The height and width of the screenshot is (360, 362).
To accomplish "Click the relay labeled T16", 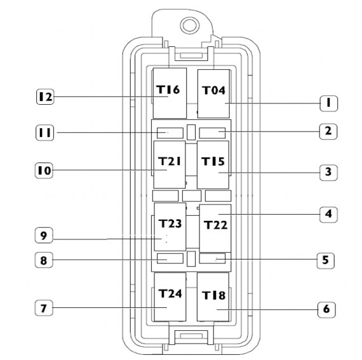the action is point(170,93).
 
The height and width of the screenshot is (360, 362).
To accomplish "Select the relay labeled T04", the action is point(213,94).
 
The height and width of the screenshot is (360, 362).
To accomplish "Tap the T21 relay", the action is point(170,164).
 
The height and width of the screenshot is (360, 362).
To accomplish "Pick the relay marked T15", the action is point(213,165).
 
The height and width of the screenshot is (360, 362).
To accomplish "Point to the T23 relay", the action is point(170,227).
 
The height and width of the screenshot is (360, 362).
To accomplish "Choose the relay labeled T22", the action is point(215,228).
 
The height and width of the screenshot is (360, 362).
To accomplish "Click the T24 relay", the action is point(170,297).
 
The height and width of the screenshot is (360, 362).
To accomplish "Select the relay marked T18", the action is point(213,297).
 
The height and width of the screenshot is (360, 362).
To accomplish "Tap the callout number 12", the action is point(45,97).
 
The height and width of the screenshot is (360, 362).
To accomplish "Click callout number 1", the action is point(329,103).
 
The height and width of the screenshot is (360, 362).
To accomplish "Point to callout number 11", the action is point(45,133).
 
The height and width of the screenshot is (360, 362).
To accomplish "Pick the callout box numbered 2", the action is point(328,131).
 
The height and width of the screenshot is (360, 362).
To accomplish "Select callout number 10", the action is point(44,171).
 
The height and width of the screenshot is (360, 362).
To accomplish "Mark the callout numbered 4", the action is point(328,215).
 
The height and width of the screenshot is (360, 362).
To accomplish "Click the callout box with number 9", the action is point(44,235).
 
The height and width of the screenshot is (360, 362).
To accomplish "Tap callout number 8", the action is point(44,260).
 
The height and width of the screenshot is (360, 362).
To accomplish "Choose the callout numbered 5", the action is point(326,260).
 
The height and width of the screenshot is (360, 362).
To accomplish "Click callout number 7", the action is point(44,308).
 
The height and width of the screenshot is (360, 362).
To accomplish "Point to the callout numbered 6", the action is point(326,310).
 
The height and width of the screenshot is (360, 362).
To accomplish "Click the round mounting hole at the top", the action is point(189,25).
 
